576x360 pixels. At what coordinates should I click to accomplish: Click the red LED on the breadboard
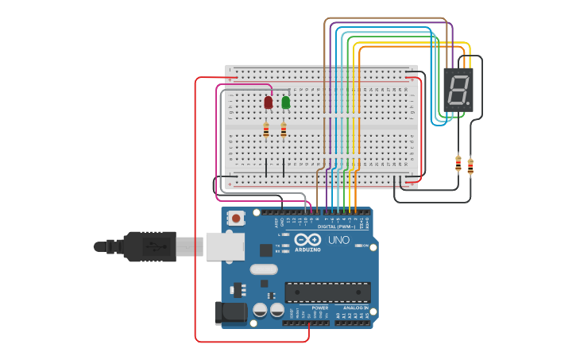[x=269, y=102]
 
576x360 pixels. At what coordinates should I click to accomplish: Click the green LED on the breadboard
[x=286, y=102]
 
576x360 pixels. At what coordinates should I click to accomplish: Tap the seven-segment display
[x=458, y=88]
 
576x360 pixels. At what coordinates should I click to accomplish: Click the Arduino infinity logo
[x=307, y=240]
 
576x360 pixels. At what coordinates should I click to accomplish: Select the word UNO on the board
[x=338, y=240]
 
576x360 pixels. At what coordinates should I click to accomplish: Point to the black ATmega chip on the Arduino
[x=327, y=292]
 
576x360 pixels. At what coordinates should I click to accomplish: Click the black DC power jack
[x=231, y=312]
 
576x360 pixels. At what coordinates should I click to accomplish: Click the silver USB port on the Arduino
[x=225, y=246]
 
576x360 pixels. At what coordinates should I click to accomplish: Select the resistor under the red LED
[x=266, y=130]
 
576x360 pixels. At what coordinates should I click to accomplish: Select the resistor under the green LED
[x=284, y=130]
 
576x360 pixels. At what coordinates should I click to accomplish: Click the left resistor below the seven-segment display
[x=458, y=163]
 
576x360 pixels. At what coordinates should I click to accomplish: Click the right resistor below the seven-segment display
[x=470, y=167]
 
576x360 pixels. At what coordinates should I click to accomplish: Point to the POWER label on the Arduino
[x=320, y=308]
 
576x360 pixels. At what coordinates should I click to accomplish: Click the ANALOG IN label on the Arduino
[x=354, y=308]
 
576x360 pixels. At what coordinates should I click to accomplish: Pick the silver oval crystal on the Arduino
[x=264, y=269]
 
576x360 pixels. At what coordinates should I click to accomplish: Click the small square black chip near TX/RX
[x=265, y=250]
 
